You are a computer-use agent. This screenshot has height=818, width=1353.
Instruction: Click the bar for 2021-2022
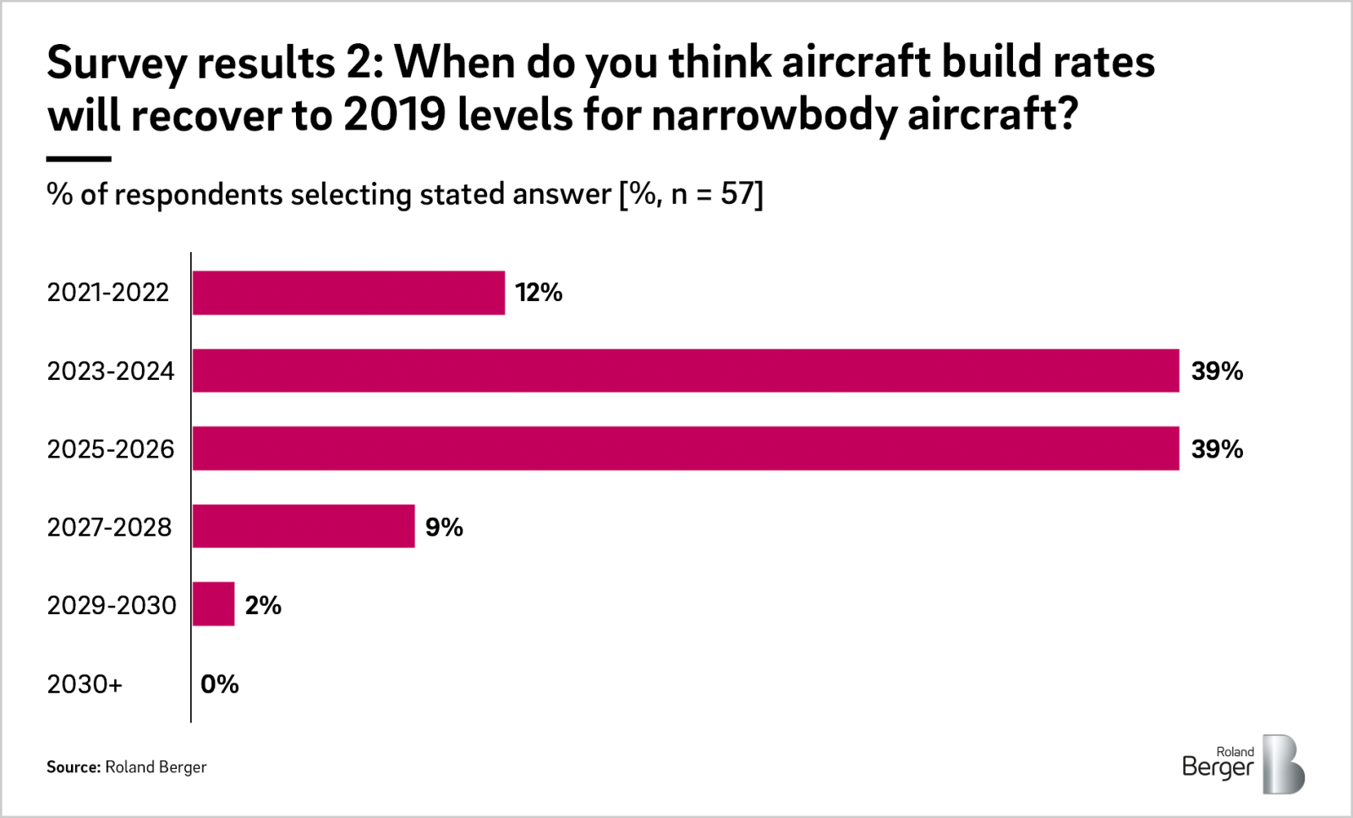(x=348, y=293)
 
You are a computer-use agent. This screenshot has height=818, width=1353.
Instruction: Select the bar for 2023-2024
(x=685, y=371)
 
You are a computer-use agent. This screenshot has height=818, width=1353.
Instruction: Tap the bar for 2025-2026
(x=685, y=448)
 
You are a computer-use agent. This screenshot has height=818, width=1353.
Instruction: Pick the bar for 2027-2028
(x=304, y=526)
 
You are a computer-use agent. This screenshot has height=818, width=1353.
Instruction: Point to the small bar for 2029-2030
(x=213, y=604)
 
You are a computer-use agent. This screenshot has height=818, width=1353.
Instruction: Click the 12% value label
(x=539, y=293)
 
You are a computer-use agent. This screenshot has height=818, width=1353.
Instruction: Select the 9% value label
(x=444, y=527)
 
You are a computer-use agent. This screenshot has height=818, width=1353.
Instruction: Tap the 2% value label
(x=263, y=605)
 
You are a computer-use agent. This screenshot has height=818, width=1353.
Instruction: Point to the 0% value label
(x=220, y=683)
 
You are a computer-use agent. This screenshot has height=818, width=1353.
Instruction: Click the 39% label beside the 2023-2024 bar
(x=1217, y=371)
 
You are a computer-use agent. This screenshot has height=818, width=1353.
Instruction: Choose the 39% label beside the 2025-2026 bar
(x=1217, y=448)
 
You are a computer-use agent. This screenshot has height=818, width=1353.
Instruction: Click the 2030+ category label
(x=85, y=683)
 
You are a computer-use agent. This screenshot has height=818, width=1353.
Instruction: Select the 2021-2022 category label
(x=108, y=293)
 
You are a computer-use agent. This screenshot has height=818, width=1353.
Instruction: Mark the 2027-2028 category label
(x=109, y=527)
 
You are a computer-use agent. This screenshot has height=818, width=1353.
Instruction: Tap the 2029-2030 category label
(x=112, y=605)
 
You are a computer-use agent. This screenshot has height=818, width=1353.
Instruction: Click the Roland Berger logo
(x=1242, y=764)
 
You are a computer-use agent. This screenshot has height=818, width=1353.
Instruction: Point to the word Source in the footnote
(x=73, y=767)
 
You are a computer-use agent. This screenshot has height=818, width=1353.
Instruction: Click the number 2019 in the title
(x=394, y=114)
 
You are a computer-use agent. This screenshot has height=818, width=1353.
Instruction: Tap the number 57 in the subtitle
(x=737, y=195)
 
